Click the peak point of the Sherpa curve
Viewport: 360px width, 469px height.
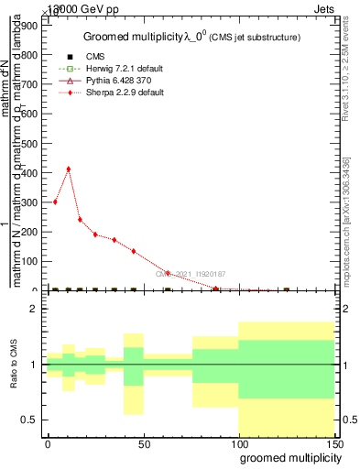(68, 169)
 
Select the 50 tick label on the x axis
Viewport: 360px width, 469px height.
(144, 443)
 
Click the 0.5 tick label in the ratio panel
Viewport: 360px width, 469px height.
(27, 420)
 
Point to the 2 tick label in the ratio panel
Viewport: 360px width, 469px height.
(33, 310)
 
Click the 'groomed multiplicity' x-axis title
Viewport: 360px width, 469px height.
(286, 457)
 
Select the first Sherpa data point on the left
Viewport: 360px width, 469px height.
(55, 202)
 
